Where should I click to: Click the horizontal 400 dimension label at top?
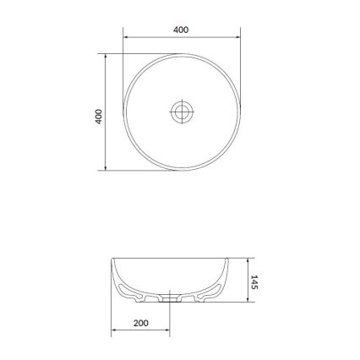click(x=180, y=30)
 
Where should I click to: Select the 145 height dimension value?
click(x=254, y=281)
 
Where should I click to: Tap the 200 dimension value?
click(x=141, y=323)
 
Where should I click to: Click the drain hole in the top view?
click(x=181, y=112)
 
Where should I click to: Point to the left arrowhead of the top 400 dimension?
click(x=127, y=38)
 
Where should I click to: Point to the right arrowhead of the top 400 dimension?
click(x=235, y=38)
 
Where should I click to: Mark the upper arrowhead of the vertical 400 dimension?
click(x=106, y=58)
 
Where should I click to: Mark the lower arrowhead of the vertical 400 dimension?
click(x=106, y=167)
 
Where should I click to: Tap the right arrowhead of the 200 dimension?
click(x=168, y=331)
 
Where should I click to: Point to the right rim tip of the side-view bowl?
click(x=229, y=259)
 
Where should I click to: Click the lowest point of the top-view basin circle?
click(x=181, y=168)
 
